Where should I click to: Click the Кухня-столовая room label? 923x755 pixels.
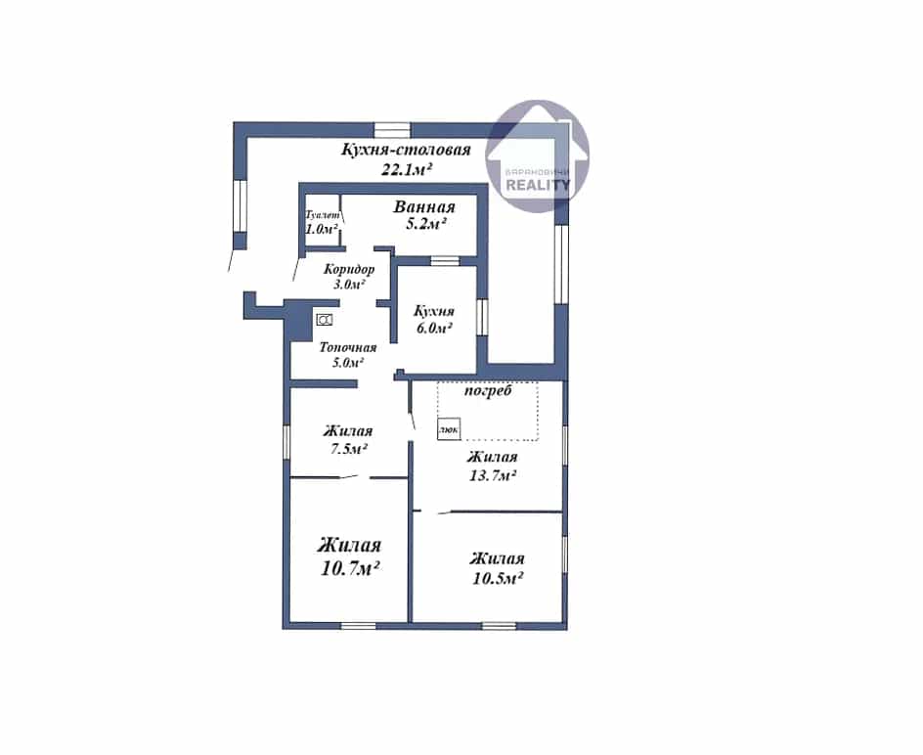pos(406,150)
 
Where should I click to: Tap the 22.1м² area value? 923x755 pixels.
pos(408,169)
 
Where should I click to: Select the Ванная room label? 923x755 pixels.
pos(424,206)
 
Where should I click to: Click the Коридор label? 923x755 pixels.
pos(349,270)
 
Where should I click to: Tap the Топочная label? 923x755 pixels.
pos(347,347)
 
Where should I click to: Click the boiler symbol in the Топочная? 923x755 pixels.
pos(325,320)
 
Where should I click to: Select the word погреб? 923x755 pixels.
pos(488,391)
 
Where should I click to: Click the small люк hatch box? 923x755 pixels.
pos(449,430)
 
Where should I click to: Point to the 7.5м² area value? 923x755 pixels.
pos(349,449)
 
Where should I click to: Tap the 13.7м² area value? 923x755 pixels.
pos(493,475)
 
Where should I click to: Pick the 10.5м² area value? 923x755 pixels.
pos(498,578)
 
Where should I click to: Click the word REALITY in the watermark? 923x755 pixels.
pos(538,185)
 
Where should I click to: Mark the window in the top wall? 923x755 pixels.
pos(393,129)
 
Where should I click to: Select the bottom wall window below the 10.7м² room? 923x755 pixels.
pos(359,626)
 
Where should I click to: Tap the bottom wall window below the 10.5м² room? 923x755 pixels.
pos(500,626)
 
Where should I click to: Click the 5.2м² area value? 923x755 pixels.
pos(424,224)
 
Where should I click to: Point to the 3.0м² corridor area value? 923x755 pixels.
pos(349,285)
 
